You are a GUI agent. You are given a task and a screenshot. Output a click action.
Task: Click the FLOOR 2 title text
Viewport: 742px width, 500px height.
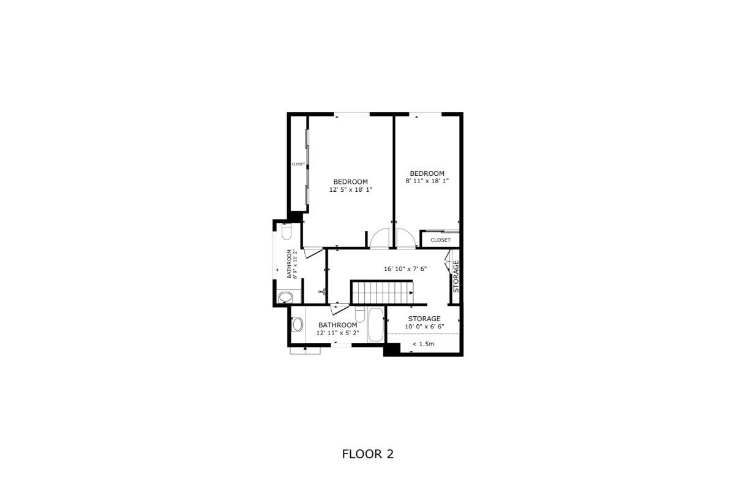point(368,454)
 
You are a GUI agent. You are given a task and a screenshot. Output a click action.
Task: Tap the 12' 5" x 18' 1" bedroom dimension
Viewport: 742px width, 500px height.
point(350,190)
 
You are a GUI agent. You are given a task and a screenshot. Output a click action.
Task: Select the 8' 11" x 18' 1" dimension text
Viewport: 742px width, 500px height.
point(427,181)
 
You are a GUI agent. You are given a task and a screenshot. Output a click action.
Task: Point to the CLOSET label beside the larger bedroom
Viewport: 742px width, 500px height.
point(298,164)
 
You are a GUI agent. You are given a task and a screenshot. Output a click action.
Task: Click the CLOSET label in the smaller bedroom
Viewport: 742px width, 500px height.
point(441,240)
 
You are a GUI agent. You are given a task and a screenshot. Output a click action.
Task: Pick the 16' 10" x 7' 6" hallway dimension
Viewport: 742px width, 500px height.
point(405,268)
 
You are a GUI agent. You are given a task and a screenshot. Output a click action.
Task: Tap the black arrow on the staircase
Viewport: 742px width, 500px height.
point(411,293)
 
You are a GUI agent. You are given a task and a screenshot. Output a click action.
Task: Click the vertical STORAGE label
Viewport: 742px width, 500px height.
point(456,276)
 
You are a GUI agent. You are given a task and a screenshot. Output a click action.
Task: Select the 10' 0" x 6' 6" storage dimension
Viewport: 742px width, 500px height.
point(424,326)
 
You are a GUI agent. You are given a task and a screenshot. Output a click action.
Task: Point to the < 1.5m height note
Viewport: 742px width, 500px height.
point(423,344)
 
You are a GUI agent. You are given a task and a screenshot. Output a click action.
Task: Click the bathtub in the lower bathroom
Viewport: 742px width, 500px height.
point(376,325)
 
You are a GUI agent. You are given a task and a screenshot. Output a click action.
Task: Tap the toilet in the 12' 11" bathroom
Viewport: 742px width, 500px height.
point(360,314)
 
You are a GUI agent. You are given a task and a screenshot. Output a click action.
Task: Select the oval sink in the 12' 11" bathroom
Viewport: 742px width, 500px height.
point(297,324)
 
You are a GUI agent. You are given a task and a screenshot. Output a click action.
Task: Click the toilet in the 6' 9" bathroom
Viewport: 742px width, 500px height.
point(286,232)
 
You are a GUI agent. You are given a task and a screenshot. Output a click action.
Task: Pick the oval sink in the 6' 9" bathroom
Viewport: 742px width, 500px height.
point(285,297)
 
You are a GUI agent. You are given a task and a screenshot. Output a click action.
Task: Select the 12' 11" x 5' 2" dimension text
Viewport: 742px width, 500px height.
point(337,333)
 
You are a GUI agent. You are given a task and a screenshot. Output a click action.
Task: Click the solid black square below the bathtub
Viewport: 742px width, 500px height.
point(392,349)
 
